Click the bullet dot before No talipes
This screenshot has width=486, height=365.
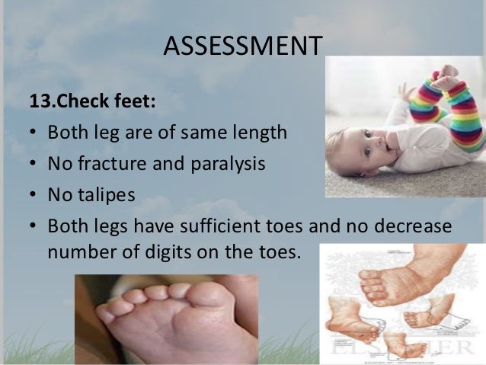coord(34,196)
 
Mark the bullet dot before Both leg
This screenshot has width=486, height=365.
coord(34,134)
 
